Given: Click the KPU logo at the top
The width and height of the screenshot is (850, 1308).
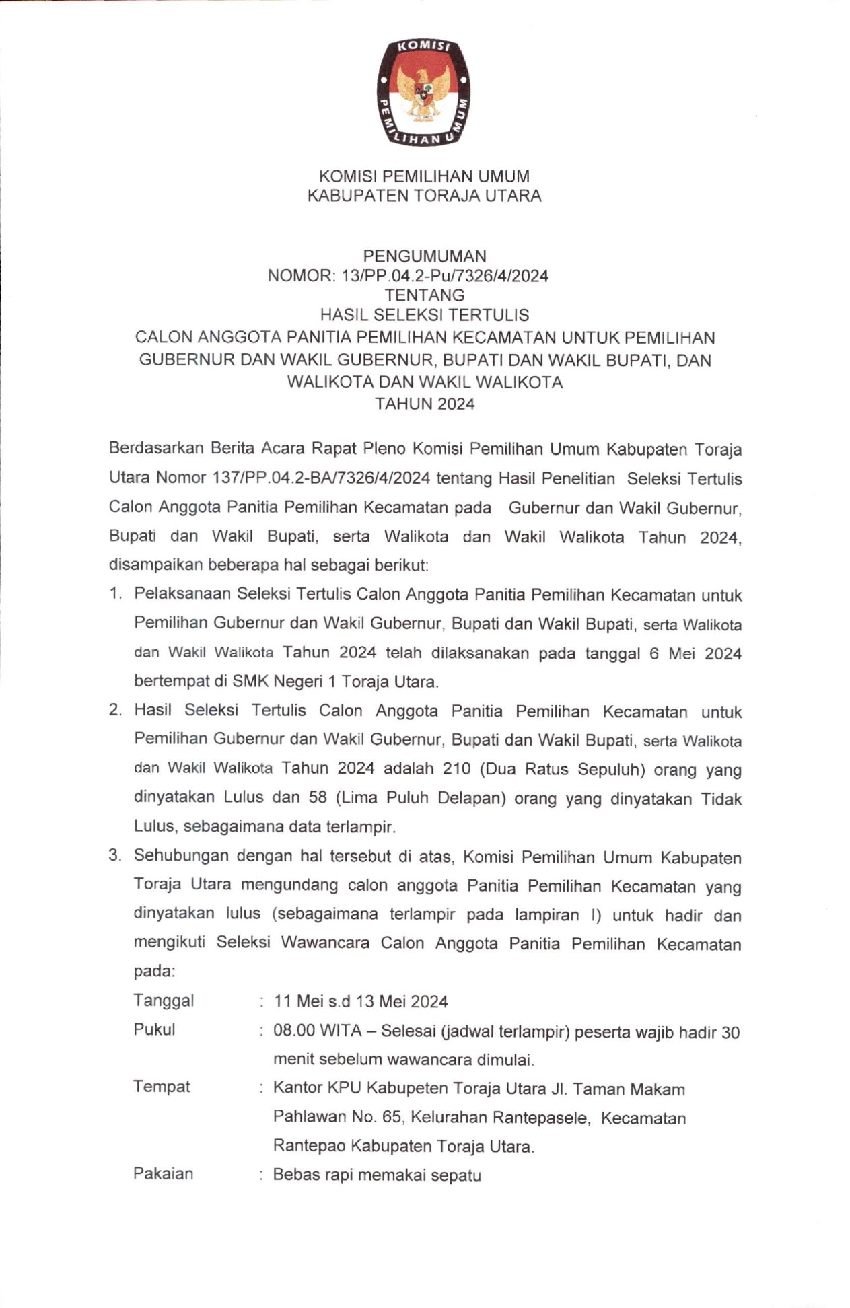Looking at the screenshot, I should pos(423,92).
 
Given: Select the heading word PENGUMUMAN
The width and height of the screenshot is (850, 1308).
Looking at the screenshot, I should pos(424,256).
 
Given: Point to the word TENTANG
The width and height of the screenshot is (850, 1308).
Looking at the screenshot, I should pos(424,295).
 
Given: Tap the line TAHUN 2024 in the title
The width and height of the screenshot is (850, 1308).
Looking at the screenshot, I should pos(424,404).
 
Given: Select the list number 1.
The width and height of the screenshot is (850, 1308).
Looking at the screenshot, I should pos(115,594).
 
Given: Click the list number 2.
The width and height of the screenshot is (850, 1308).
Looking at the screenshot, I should pos(115,711).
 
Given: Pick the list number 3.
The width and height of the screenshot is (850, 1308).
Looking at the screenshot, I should pos(115,856).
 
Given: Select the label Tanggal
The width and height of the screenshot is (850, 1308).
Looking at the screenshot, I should pos(164,1001).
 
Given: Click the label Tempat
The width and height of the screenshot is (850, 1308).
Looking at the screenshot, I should pos(162,1087).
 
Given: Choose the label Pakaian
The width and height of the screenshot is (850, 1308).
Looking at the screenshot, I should pos(163,1174).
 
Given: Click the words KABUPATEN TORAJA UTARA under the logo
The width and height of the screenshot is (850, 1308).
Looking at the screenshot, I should pos(424,196).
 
